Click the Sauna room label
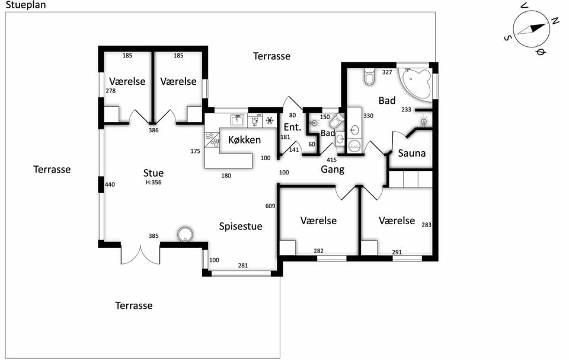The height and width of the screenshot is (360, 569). click(x=411, y=153)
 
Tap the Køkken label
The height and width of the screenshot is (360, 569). click(x=244, y=139)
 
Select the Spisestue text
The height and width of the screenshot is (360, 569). click(x=241, y=227)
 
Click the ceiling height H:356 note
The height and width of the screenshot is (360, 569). click(x=154, y=182)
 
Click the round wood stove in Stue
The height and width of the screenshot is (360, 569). click(x=186, y=234)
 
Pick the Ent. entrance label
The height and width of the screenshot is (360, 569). click(x=292, y=127)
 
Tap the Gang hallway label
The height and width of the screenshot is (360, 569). click(x=333, y=169)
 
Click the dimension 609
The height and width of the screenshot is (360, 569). click(x=270, y=206)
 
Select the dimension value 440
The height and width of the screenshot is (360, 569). click(x=110, y=184)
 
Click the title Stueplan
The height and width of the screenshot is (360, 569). click(x=25, y=5)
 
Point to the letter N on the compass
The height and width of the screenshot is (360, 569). click(x=555, y=21)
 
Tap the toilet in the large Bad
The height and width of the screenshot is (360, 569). click(x=369, y=76)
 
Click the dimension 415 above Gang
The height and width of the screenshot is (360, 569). click(x=331, y=160)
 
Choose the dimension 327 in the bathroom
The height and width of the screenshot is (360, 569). click(x=387, y=72)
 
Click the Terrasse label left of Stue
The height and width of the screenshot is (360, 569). click(x=52, y=169)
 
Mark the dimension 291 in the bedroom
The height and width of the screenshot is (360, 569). click(x=397, y=252)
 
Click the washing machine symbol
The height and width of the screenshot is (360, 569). click(x=354, y=145)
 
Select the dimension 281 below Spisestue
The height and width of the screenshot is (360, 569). click(x=243, y=266)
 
